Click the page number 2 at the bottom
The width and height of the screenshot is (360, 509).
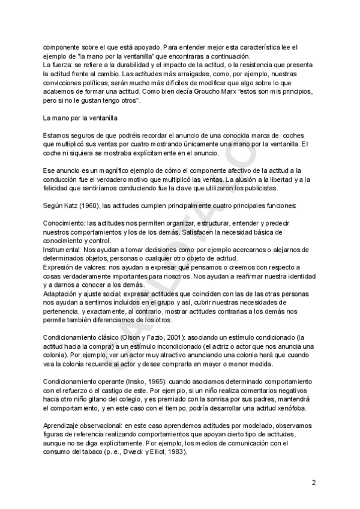[x=314, y=482]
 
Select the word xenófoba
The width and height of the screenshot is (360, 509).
[x=289, y=409]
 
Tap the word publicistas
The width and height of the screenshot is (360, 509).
[x=260, y=188]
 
